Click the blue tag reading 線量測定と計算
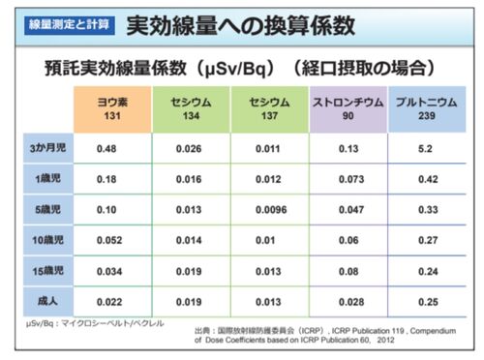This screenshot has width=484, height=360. (70, 25)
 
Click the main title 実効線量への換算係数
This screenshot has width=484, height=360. (241, 25)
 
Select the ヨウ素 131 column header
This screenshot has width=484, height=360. (112, 109)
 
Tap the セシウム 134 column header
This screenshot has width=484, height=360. (191, 109)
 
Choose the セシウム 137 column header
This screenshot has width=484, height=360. (270, 109)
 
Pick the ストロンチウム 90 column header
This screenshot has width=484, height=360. (348, 109)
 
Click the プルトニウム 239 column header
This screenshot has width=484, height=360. (427, 109)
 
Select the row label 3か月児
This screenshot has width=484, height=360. (48, 148)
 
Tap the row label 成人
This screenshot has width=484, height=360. (48, 301)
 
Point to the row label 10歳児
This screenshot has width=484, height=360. (48, 240)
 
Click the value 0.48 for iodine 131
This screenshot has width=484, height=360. (106, 149)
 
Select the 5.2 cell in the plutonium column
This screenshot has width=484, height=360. (425, 149)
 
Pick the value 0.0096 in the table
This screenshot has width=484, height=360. (271, 210)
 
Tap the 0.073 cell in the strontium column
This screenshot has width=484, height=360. (351, 179)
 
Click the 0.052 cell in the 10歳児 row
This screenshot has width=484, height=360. (109, 240)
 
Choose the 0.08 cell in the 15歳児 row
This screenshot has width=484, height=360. (348, 271)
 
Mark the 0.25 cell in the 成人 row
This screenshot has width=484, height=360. (428, 302)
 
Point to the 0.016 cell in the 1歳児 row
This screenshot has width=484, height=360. (189, 179)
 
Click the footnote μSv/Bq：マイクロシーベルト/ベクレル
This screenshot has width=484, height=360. (95, 323)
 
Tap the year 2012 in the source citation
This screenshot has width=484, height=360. (385, 340)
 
